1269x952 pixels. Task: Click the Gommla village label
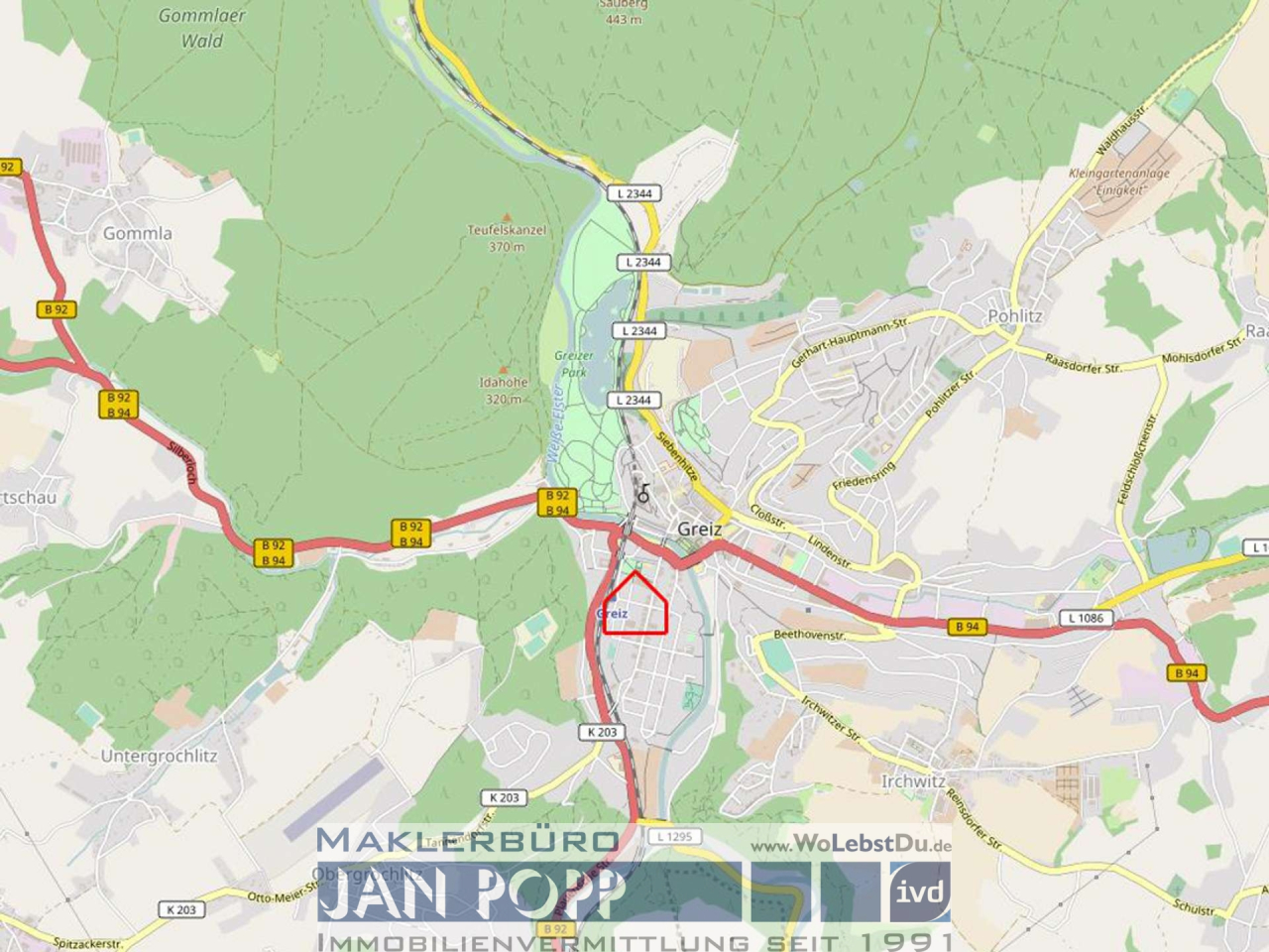(138, 234)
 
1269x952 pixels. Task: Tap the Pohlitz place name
(1014, 316)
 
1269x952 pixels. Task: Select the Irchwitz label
(913, 781)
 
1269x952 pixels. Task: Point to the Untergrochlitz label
(159, 757)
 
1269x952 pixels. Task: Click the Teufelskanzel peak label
(507, 230)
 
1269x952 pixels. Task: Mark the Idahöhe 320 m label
(504, 390)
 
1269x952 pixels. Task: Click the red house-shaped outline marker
(635, 605)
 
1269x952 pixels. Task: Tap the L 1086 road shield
(1086, 618)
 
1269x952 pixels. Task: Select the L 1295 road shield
(673, 837)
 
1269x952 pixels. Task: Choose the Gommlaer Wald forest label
(202, 28)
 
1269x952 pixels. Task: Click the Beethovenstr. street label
(809, 635)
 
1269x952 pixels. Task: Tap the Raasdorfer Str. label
(1083, 362)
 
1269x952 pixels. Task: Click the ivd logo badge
(919, 891)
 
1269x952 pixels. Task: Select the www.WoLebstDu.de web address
(851, 846)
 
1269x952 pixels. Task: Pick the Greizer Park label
(573, 364)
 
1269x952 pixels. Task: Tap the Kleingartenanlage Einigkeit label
(1118, 180)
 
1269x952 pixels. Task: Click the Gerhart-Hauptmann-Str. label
(850, 343)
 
